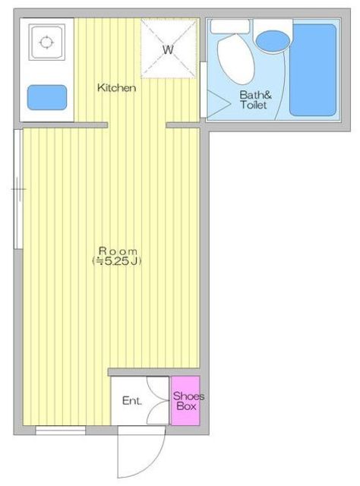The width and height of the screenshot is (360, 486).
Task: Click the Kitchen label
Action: click(117, 88)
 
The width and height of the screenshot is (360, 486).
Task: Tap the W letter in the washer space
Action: click(168, 49)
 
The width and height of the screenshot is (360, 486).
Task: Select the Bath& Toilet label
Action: click(255, 99)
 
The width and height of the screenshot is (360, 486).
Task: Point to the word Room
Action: click(118, 251)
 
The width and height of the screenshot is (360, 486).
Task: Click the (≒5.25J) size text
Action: click(117, 261)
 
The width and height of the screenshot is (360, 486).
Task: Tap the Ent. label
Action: click(132, 401)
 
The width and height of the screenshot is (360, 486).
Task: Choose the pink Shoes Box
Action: click(185, 400)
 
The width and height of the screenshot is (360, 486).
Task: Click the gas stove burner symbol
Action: click(46, 43)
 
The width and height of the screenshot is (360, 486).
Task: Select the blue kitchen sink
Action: click(47, 97)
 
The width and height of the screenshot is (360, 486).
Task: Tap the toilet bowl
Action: click(235, 59)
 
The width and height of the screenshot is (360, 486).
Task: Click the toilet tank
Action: click(230, 27)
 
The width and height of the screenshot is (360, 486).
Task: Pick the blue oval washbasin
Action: click(273, 41)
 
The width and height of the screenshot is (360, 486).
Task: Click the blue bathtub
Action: click(313, 70)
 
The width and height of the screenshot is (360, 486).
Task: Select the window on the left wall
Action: click(18, 189)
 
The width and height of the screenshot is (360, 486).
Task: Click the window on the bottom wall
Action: click(61, 431)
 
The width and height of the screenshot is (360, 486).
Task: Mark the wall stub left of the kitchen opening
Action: click(65, 125)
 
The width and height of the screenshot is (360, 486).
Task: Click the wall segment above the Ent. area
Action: click(154, 372)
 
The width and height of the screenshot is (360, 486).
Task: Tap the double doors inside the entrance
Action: click(158, 400)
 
